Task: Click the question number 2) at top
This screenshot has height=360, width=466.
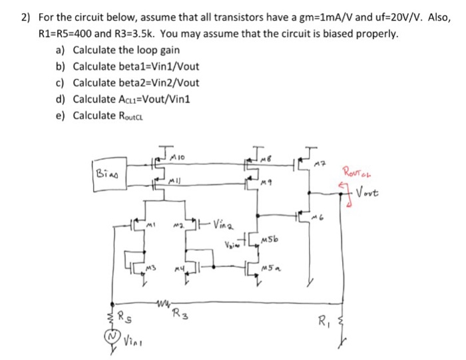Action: (x=25, y=17)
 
